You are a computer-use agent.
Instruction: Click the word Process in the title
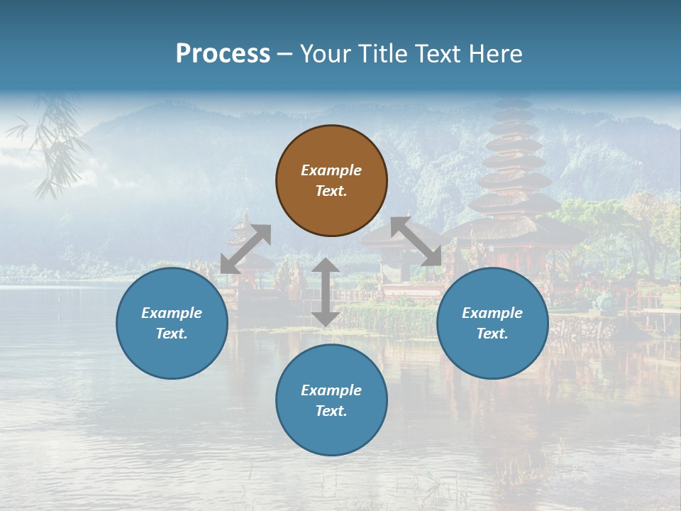223,54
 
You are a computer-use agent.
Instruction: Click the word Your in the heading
326,54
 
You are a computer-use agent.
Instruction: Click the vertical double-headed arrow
326,292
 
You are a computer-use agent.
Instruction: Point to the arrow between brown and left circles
245,248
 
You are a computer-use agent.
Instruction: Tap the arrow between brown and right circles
416,241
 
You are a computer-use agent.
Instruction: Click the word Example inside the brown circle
331,170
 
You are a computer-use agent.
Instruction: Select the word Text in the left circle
172,334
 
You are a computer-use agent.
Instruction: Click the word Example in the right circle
492,313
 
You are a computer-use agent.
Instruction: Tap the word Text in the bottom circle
331,411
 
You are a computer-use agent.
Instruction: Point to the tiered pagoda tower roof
514,156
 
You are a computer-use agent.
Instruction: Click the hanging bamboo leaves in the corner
53,142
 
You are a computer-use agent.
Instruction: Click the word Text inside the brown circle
331,191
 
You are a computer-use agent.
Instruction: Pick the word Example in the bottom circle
331,390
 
